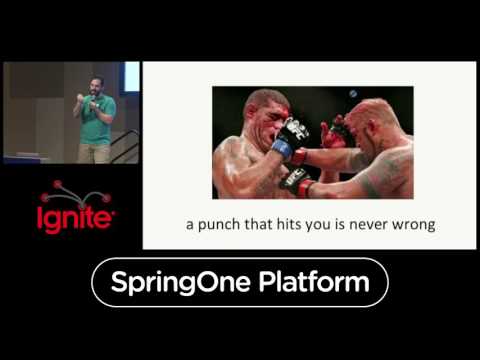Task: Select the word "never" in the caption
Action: click(x=375, y=225)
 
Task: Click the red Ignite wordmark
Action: click(x=74, y=217)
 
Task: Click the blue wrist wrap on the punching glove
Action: click(x=283, y=149)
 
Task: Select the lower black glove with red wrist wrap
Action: click(x=297, y=181)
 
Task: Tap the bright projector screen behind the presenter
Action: click(x=131, y=78)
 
